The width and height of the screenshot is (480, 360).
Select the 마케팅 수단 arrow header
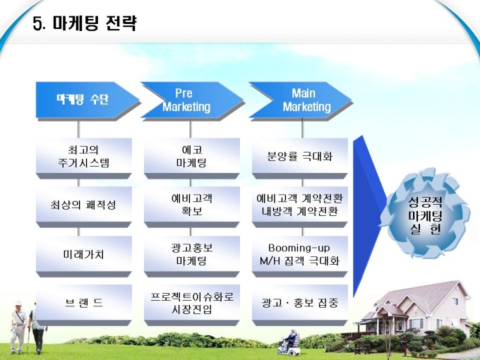pos(88,100)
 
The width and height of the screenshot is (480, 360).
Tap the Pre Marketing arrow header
pos(192,100)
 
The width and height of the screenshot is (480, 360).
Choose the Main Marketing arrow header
pos(301,100)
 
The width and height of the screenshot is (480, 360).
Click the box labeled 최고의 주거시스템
pos(84,158)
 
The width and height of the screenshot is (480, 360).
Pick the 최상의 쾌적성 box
pos(84,207)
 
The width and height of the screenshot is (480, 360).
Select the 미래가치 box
pos(84,256)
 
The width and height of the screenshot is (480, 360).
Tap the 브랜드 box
pos(84,305)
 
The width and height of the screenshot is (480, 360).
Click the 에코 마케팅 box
pos(192,158)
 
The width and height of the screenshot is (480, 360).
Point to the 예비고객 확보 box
pos(192,207)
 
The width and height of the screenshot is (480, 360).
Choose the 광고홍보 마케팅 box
pos(192,256)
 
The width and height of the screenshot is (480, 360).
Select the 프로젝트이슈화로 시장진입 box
pos(192,305)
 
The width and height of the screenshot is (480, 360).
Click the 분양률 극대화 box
pos(300,158)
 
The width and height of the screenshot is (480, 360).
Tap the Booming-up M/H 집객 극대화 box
pos(300,256)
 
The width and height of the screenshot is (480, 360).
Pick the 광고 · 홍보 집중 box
pos(300,305)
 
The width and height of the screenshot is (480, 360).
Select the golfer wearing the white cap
pos(18,326)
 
